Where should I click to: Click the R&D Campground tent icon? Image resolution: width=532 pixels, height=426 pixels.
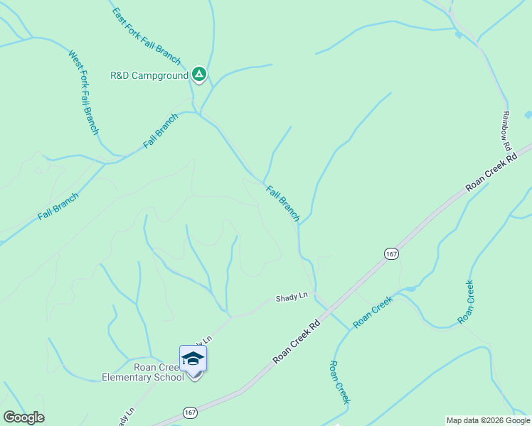click(x=199, y=73)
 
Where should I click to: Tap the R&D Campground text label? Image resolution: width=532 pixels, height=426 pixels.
click(x=149, y=75)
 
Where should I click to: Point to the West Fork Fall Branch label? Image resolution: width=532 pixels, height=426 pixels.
click(x=83, y=92)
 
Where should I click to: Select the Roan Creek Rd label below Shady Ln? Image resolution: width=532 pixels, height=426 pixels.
click(x=297, y=342)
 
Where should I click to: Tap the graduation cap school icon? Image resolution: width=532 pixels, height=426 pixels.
click(x=193, y=358)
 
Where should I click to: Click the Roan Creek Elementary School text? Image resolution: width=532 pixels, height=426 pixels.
click(x=144, y=372)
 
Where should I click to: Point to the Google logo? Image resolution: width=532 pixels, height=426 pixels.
click(x=24, y=417)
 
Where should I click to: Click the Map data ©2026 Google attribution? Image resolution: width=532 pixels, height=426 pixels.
click(x=488, y=420)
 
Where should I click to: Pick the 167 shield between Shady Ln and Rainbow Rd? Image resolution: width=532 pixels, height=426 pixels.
click(x=390, y=254)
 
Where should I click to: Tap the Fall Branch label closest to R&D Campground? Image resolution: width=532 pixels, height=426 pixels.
click(x=161, y=131)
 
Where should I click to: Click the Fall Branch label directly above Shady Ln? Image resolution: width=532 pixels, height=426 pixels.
click(x=283, y=203)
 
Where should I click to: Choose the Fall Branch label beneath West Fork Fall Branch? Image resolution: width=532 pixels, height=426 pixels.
click(x=58, y=207)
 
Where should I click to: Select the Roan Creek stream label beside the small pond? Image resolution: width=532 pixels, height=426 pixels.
click(x=373, y=311)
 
